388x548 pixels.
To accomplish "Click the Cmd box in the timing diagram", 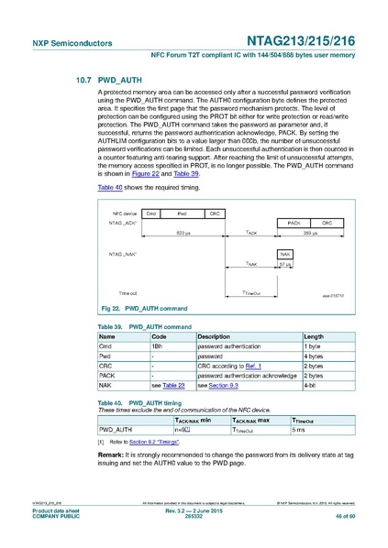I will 151,213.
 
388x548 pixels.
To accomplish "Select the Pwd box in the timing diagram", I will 182,213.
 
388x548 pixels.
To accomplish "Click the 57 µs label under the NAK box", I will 285,264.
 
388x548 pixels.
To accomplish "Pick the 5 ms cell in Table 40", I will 299,429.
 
